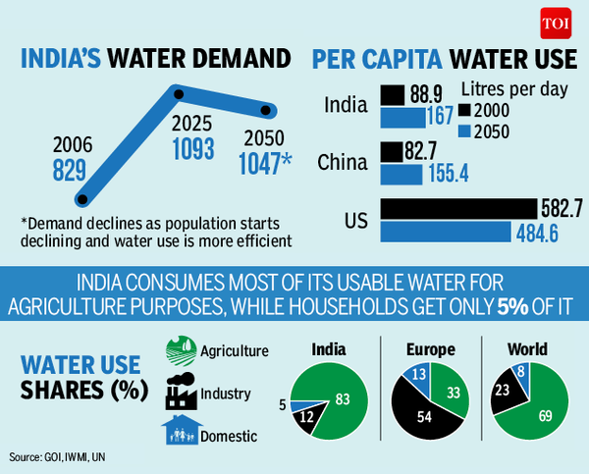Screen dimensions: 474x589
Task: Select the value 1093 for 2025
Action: click(192, 153)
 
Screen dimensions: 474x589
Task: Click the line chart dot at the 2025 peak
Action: click(179, 94)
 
